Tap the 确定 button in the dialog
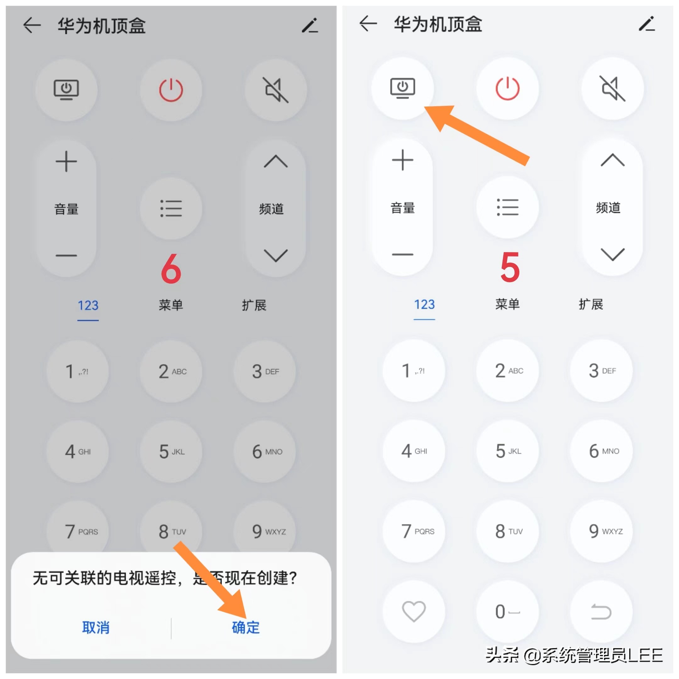point(246,627)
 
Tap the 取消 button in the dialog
point(96,627)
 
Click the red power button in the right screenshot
point(507,88)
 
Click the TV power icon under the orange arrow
point(402,88)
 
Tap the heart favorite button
point(414,611)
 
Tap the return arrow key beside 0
point(601,611)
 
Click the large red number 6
point(171,269)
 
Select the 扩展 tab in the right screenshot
point(590,304)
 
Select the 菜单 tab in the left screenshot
point(171,305)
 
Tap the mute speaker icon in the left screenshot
point(276,90)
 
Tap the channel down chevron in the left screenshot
point(276,255)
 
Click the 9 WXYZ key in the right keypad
point(601,531)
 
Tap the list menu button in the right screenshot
point(507,207)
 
